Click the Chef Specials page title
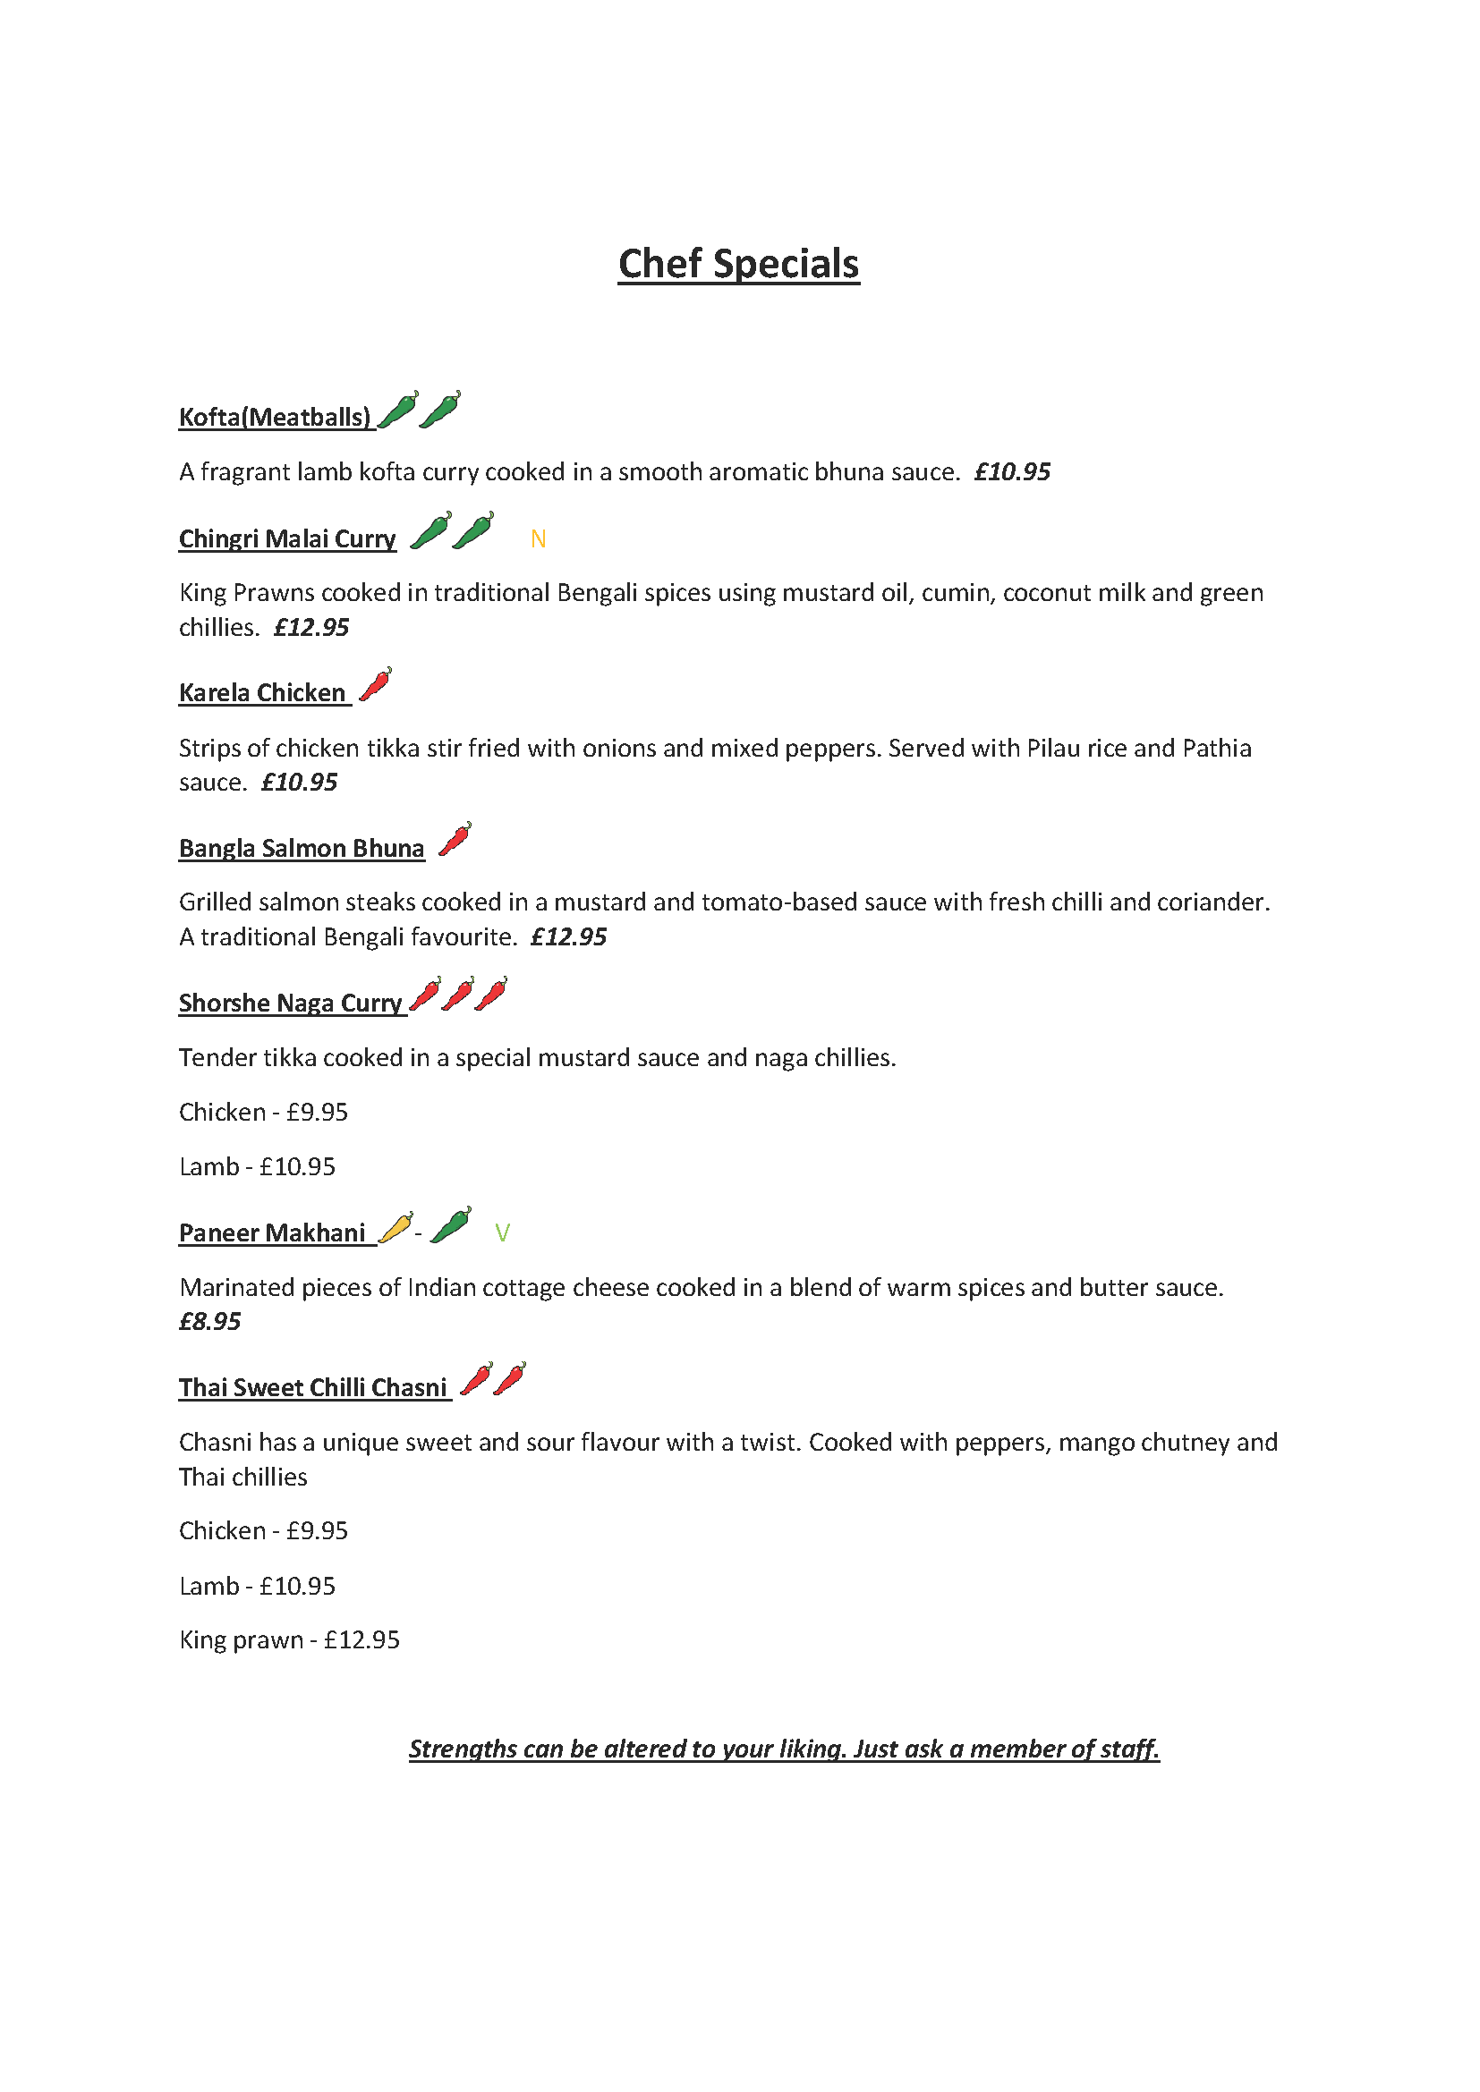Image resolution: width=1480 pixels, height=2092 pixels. point(738,264)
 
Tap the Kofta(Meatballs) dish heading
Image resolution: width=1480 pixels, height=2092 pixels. point(275,418)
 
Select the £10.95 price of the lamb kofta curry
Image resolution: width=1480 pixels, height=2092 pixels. point(1012,472)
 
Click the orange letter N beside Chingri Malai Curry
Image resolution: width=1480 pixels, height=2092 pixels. point(538,539)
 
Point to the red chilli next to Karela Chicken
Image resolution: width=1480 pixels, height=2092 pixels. point(375,684)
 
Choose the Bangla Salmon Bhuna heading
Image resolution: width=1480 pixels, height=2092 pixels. point(302,848)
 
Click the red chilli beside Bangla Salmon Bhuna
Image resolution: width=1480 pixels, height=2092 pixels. point(455,839)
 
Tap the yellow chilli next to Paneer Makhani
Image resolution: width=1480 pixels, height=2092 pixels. point(395,1228)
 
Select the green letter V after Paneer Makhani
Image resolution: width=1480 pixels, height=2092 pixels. point(502,1232)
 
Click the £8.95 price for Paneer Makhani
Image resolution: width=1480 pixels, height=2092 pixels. point(209,1322)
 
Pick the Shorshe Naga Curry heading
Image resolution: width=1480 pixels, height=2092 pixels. point(290,1004)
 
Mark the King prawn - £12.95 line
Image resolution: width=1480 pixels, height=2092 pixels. point(289,1640)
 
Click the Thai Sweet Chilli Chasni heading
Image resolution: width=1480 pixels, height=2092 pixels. point(312,1388)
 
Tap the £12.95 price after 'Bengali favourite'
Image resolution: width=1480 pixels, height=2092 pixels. point(569,937)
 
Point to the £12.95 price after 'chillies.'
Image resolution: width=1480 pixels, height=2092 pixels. point(311,628)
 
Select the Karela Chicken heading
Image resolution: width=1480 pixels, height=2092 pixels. point(261,693)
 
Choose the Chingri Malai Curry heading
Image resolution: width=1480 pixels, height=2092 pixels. point(287,539)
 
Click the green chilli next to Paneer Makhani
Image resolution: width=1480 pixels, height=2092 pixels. point(451,1225)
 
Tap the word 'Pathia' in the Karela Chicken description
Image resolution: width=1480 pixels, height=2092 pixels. point(1217,748)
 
